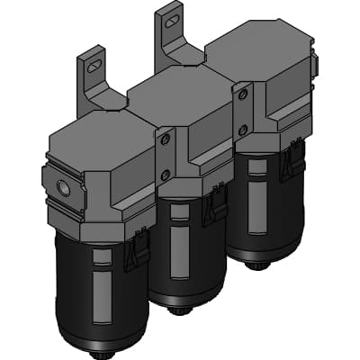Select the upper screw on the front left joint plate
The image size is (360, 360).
(164, 140)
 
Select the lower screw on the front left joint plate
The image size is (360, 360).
(165, 175)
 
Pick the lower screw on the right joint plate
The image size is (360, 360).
(241, 129)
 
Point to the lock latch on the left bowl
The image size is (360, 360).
(140, 249)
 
